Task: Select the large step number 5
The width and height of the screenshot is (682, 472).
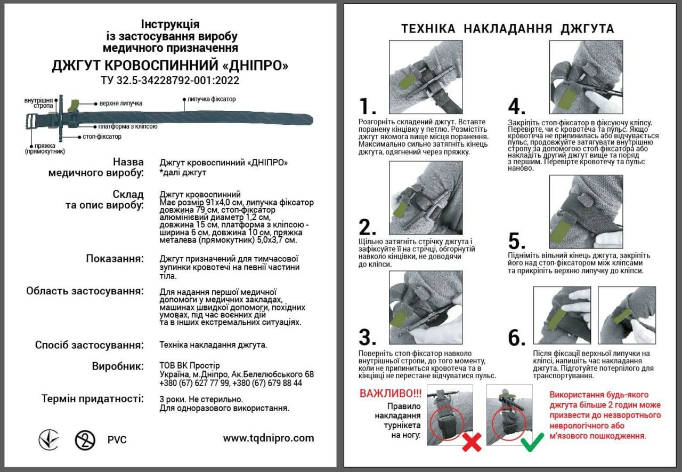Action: point(517,241)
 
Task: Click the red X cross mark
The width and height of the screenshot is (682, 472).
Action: point(471,442)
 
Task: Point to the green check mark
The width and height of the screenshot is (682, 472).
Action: point(531,442)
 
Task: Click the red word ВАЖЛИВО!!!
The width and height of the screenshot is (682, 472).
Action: point(391,394)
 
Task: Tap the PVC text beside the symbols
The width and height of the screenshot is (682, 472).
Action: point(117,440)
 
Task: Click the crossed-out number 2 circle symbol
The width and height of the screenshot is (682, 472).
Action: point(85,440)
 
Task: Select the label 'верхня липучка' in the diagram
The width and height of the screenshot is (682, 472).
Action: point(121,103)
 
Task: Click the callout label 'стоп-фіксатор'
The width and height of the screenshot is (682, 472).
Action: point(102,137)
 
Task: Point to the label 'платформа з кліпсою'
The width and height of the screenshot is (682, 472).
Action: point(127,127)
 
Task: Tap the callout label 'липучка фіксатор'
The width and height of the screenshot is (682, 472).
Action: point(211,99)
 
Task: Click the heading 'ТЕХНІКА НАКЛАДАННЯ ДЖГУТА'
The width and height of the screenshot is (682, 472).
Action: point(507,29)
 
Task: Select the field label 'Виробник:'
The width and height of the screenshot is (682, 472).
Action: point(118,366)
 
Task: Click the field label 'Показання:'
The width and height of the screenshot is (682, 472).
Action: point(115,259)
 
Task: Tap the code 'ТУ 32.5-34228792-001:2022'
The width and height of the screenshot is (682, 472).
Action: point(170,81)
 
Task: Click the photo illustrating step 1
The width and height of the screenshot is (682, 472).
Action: point(425,71)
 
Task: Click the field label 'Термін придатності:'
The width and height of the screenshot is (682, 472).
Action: point(92,398)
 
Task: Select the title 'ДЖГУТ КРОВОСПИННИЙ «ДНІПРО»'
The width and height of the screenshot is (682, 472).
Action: point(170,66)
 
